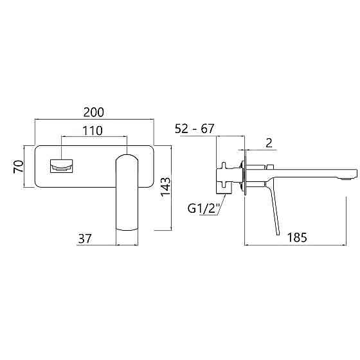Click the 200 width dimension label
(x=93, y=112)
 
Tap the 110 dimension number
(x=93, y=130)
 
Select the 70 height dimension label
(x=19, y=166)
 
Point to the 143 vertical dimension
(x=166, y=186)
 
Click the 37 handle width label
(x=85, y=239)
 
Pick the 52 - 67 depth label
(x=194, y=129)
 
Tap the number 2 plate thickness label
(x=269, y=143)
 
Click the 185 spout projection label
(x=297, y=237)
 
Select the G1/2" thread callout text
(x=204, y=209)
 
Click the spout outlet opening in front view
(x=61, y=166)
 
